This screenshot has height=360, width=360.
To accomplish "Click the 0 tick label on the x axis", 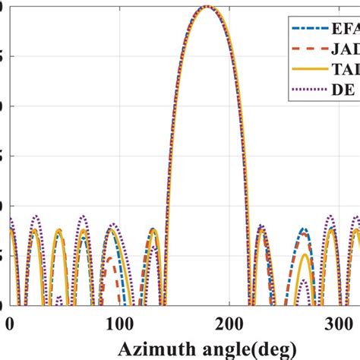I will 9,325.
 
